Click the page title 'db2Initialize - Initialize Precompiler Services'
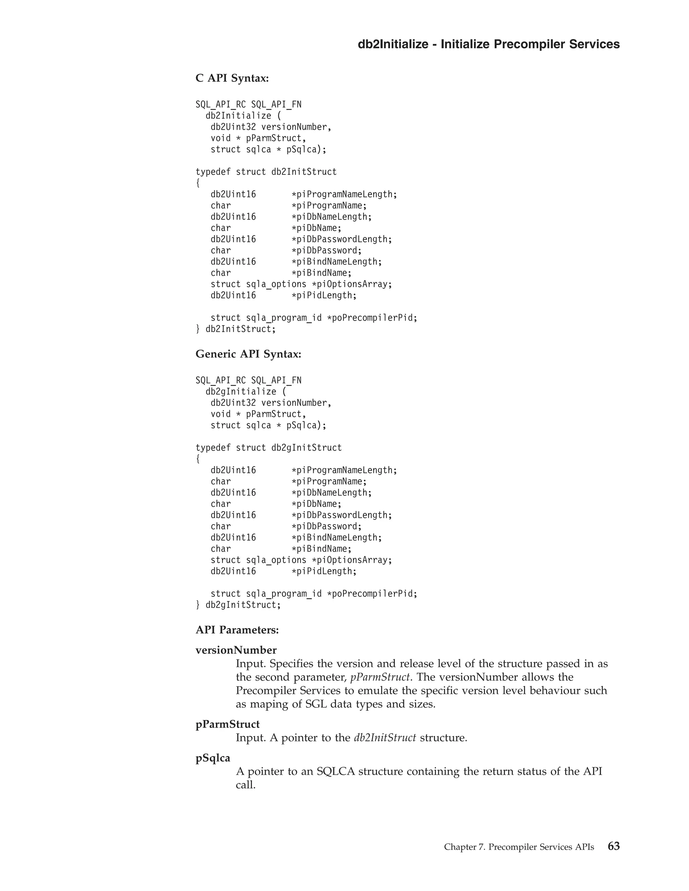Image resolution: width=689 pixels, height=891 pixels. (488, 44)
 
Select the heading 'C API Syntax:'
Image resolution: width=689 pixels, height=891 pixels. (232, 78)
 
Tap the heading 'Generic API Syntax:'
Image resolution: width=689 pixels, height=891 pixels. (248, 354)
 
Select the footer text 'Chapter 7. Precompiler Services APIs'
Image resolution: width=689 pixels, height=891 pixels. (519, 847)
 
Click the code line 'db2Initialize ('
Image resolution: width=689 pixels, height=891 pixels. (243, 116)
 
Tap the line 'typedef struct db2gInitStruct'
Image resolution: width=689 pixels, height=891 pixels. (268, 448)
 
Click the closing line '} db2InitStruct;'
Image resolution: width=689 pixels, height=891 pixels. (236, 329)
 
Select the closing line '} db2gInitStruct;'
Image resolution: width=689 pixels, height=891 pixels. (239, 605)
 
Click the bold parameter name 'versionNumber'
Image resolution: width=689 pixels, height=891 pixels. (236, 650)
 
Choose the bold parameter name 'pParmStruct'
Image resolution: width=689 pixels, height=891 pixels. (227, 724)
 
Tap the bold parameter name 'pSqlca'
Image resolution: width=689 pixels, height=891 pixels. (213, 758)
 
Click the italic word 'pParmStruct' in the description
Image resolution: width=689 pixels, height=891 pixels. (379, 677)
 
